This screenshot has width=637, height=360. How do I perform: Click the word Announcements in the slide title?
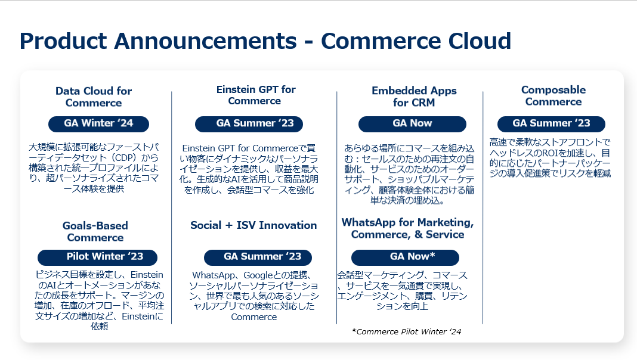(205, 41)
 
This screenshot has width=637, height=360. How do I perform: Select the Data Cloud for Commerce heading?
(94, 97)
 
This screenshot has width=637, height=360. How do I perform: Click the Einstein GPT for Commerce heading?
(255, 95)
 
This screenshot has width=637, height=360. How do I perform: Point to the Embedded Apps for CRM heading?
(414, 96)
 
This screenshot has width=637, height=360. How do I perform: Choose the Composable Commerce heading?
(553, 95)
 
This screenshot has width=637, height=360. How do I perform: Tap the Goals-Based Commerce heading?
(95, 231)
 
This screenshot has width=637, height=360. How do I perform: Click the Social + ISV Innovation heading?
(253, 225)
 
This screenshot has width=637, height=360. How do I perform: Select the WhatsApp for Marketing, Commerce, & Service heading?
(407, 228)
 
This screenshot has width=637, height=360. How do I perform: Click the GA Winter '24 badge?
(99, 124)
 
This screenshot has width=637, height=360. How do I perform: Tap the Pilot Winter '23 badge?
(97, 257)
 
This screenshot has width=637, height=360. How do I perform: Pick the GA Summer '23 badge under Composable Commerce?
(551, 124)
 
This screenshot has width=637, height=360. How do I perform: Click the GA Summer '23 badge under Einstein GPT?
(249, 124)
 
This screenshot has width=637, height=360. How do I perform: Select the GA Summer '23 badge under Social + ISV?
(258, 257)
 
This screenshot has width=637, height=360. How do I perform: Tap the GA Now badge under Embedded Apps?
(412, 124)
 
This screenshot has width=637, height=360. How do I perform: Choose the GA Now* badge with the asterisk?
(405, 257)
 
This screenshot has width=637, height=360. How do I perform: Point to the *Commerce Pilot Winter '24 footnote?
(407, 331)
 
